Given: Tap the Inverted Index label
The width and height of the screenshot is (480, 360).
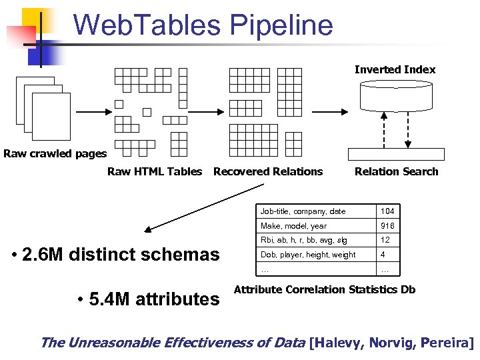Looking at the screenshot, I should (x=395, y=69).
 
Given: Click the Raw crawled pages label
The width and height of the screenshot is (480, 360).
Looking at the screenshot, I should (x=55, y=154).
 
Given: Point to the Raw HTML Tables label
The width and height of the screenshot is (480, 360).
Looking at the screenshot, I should (x=154, y=171).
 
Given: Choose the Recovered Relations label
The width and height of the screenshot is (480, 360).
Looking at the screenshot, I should (x=267, y=171).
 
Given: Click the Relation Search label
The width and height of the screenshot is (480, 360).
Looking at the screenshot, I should (x=396, y=171).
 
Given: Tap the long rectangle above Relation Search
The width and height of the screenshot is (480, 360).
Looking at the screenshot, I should (x=396, y=153).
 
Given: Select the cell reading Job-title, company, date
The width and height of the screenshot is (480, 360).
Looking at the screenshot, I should (x=303, y=211).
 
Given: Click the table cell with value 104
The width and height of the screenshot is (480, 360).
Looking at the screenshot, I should (x=387, y=211).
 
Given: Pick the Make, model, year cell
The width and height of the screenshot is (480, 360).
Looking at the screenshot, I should (x=294, y=226).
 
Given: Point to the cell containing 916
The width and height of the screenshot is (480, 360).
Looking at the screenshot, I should (x=387, y=226).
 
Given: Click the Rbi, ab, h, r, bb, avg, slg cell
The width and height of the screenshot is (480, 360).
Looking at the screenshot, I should (x=303, y=240).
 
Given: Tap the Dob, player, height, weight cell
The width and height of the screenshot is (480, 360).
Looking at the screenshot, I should (x=308, y=255).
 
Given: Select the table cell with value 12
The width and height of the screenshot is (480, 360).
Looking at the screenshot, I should (x=385, y=240).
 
